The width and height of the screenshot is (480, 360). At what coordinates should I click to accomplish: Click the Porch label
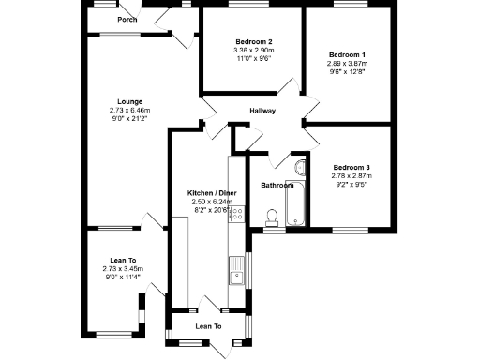(127, 20)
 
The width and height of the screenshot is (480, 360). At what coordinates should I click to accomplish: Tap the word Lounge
(129, 101)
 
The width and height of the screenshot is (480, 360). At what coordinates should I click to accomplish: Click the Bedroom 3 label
(352, 167)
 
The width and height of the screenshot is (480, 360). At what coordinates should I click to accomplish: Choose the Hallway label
(262, 112)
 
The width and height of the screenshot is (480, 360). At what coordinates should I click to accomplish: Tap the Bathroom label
(277, 186)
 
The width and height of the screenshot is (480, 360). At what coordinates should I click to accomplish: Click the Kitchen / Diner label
(212, 192)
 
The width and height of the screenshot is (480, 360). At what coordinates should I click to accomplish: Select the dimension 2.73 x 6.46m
(129, 110)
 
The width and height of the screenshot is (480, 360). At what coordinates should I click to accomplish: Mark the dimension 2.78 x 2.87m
(352, 175)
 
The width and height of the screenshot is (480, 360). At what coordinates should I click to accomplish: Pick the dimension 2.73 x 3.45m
(124, 269)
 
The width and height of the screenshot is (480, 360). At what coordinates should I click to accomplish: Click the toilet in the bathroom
(272, 217)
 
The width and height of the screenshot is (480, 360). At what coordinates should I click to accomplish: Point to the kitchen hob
(237, 215)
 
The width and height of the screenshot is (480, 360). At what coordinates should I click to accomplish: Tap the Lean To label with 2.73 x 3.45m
(124, 261)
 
